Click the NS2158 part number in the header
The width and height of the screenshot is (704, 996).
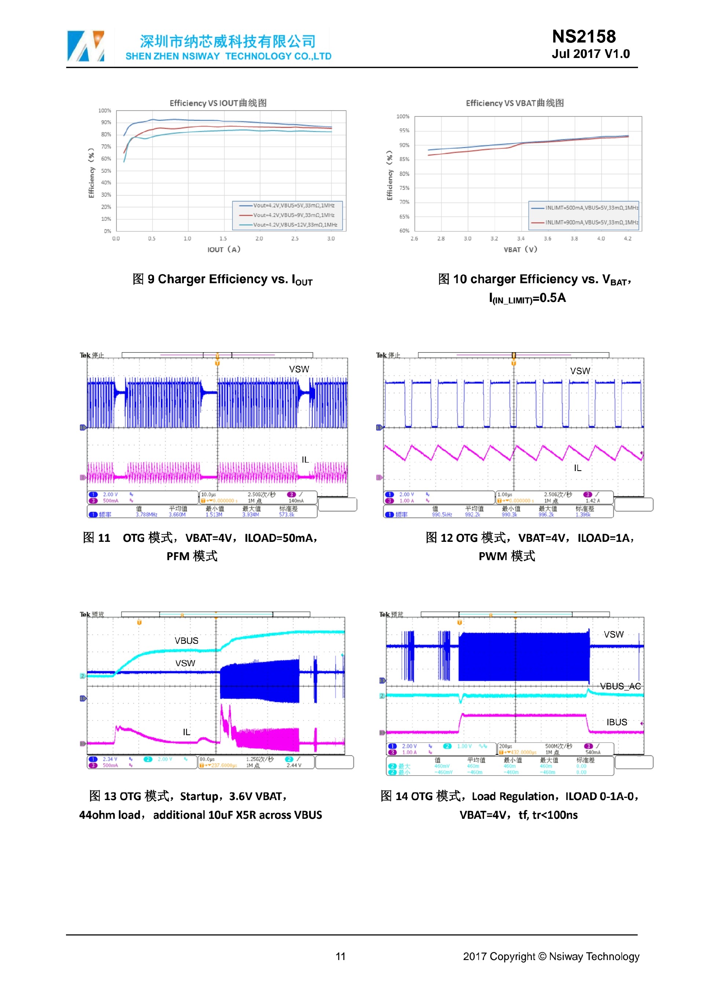pos(583,36)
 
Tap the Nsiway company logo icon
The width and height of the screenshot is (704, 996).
pos(86,46)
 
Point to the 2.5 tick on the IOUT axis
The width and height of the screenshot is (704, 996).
pos(295,238)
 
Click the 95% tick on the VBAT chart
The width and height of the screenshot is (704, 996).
pos(404,131)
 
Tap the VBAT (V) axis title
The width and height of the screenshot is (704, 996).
pos(520,249)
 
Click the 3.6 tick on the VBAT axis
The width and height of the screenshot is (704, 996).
pos(547,238)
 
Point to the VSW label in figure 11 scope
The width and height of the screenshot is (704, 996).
pos(299,369)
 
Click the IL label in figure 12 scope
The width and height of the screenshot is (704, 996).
pos(577,468)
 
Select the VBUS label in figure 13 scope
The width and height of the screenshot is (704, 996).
pos(186,641)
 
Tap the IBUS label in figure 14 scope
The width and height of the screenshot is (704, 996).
pos(616,722)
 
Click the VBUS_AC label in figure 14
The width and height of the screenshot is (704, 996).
pos(620,686)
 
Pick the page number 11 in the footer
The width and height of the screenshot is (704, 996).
pos(341,956)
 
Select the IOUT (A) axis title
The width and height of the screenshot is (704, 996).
pos(224,249)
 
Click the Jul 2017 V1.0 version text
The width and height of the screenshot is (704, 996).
pos(590,54)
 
